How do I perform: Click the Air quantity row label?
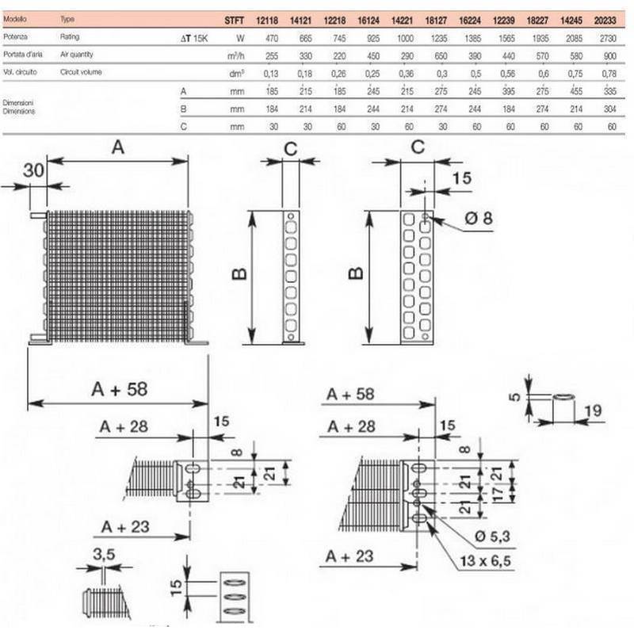(x=81, y=54)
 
